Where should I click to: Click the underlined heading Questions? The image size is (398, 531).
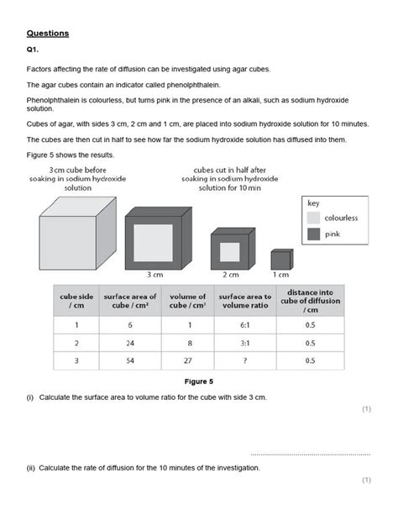coord(47,34)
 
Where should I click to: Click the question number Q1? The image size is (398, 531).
coord(33,50)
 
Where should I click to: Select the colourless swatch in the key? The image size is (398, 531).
coord(312,217)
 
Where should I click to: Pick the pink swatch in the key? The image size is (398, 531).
coord(312,234)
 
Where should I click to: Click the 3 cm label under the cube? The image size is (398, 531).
coord(154,274)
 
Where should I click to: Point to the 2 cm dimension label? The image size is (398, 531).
coord(231,274)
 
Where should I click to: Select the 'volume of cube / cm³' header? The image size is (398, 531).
coord(188,301)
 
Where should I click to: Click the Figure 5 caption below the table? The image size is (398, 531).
coord(199,381)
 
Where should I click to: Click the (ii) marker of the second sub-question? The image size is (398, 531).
coord(30,467)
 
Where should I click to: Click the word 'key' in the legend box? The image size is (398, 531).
coord(312,202)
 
